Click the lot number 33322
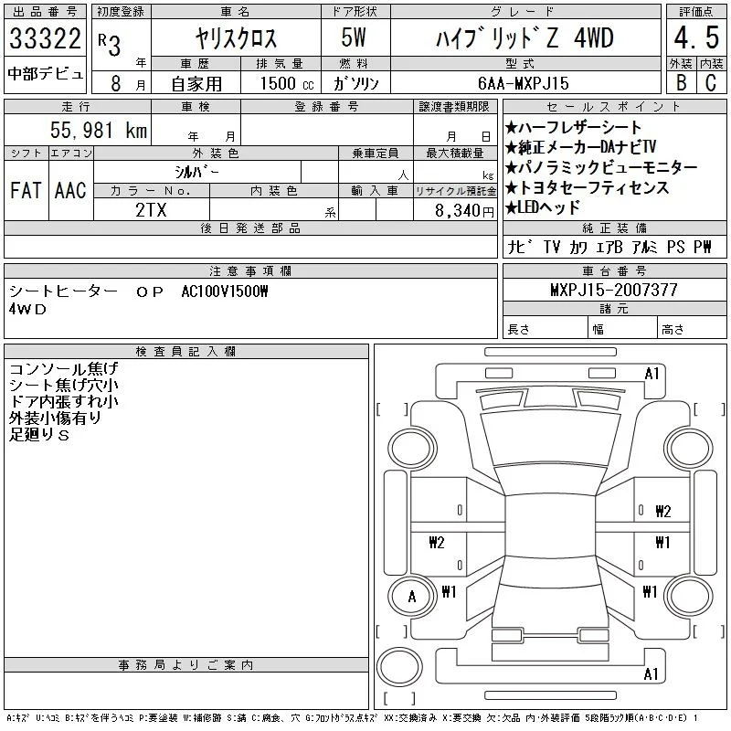(45, 38)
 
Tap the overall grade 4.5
(696, 37)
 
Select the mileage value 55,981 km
(99, 130)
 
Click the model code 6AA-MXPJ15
(524, 83)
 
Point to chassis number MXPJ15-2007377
(614, 290)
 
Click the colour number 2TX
(151, 210)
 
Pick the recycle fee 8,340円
(464, 211)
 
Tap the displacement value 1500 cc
(287, 83)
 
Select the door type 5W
(354, 37)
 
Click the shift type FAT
(26, 190)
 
